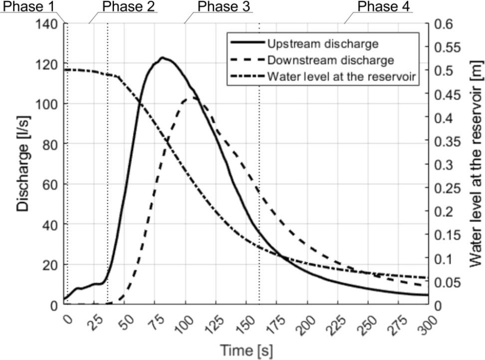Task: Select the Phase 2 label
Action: click(x=128, y=6)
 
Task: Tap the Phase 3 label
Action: click(x=224, y=6)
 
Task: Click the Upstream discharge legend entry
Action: click(x=322, y=43)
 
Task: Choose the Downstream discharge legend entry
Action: click(x=330, y=60)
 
